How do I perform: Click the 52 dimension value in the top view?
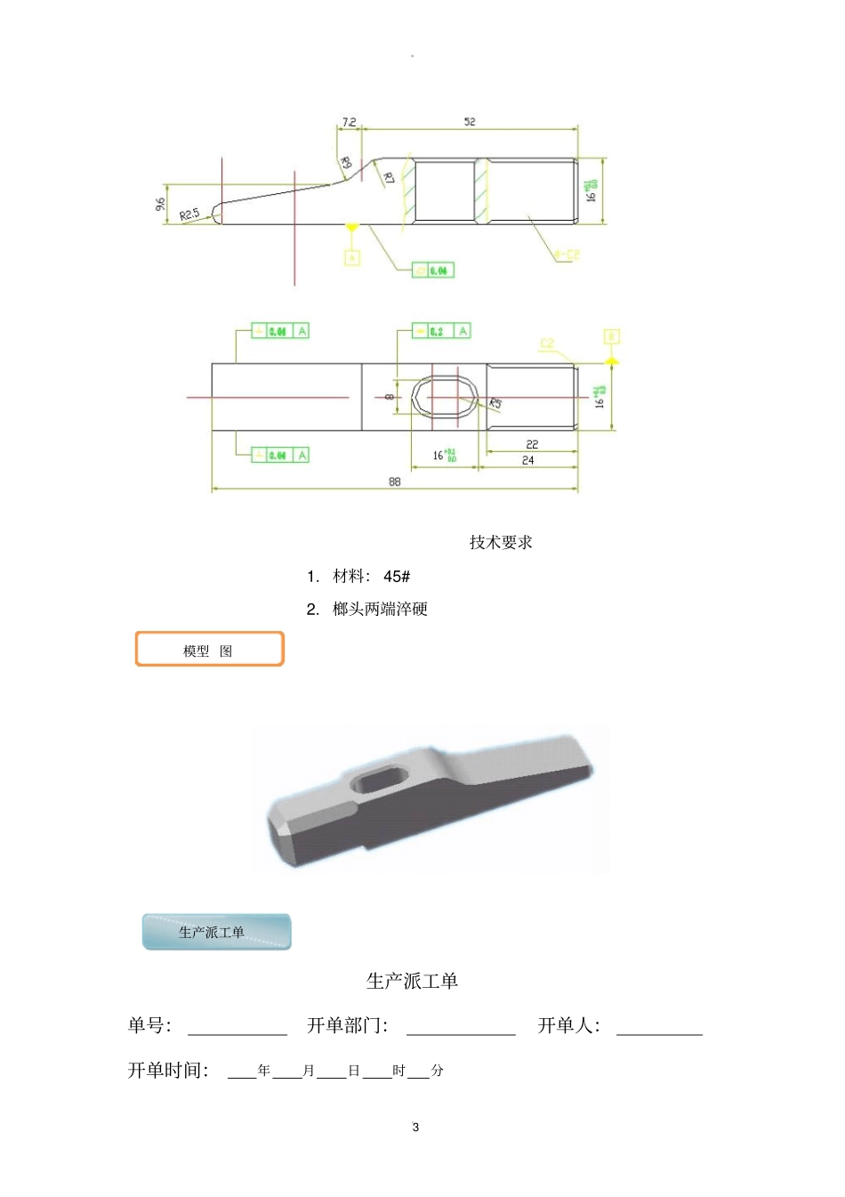pos(470,122)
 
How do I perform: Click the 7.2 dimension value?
pos(349,122)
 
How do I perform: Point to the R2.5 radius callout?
pos(190,214)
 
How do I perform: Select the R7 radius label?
pos(388,177)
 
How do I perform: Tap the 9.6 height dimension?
pos(160,205)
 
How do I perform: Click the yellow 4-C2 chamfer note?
pos(567,255)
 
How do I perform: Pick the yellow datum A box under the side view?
pos(352,258)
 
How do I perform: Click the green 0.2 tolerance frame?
pos(441,331)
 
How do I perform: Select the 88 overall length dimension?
pos(394,481)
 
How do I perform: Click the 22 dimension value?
pos(532,444)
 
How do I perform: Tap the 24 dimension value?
pos(528,460)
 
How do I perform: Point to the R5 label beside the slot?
pos(495,403)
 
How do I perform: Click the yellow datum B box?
pos(611,336)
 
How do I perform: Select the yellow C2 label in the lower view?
pos(546,343)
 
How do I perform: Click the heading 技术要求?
pos(501,542)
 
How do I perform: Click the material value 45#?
pos(397,577)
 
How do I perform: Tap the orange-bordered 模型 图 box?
pos(209,650)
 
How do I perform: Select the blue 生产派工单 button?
pos(216,932)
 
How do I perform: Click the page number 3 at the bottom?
pos(415,1128)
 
